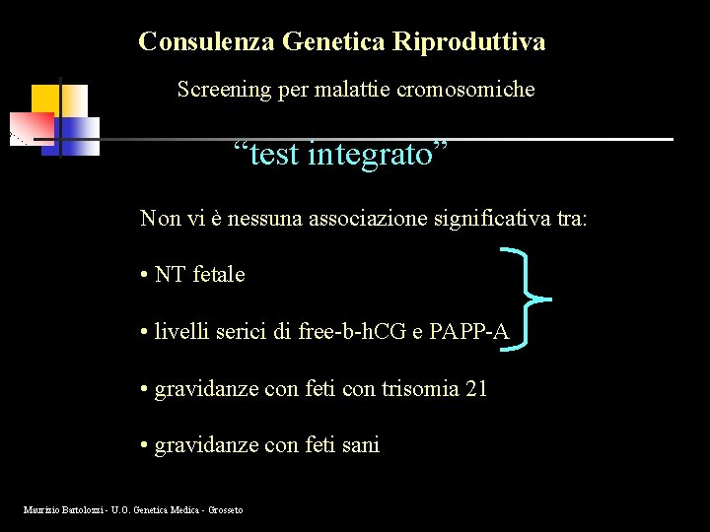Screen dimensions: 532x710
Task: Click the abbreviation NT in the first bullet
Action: [x=171, y=275]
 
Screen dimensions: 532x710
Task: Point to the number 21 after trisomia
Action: [x=476, y=389]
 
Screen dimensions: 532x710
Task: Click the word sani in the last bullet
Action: [x=361, y=445]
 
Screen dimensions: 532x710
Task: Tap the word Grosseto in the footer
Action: [x=223, y=509]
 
